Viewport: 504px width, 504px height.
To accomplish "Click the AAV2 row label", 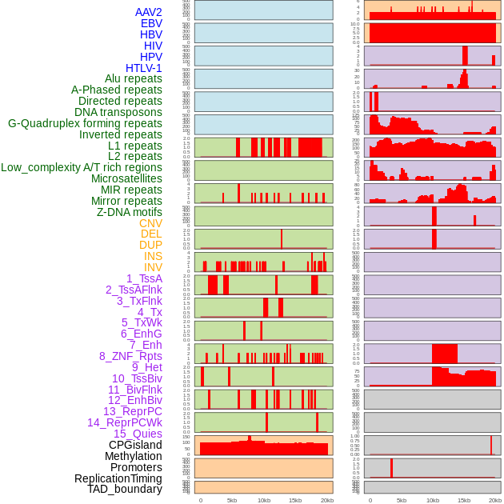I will (149, 12).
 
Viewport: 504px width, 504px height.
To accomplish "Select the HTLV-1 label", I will (144, 68).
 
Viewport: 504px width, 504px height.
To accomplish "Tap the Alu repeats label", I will (134, 78).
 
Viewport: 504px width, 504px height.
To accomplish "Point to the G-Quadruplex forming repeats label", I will (85, 123).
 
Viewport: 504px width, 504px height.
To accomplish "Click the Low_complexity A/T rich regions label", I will (82, 167).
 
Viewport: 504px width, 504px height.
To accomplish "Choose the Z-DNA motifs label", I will (130, 212).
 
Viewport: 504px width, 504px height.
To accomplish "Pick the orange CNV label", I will (150, 223).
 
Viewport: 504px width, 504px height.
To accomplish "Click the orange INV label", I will (153, 267).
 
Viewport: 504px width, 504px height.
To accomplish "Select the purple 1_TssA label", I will (144, 278).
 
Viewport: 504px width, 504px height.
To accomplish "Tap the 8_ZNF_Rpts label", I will (130, 356).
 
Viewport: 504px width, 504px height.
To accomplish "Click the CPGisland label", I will (135, 445).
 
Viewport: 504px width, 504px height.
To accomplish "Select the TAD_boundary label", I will (125, 489).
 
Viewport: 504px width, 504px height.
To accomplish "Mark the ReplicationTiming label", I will (118, 478).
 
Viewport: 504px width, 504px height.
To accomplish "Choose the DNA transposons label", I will (118, 112).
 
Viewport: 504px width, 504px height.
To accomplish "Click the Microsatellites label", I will (126, 178).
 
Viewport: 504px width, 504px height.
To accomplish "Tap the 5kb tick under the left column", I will (232, 500).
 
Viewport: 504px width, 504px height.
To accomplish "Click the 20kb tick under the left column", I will (326, 500).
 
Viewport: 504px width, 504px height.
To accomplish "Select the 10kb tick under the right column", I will (433, 500).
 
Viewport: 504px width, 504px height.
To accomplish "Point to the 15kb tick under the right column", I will (464, 500).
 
